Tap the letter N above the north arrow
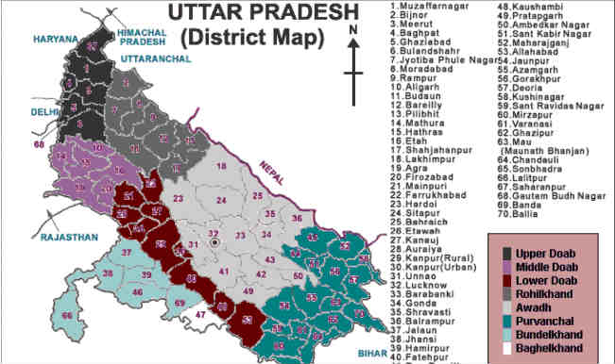click(352, 32)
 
